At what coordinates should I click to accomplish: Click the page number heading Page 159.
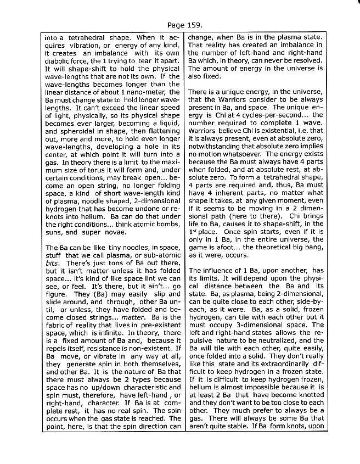pyautogui.click(x=180, y=25)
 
